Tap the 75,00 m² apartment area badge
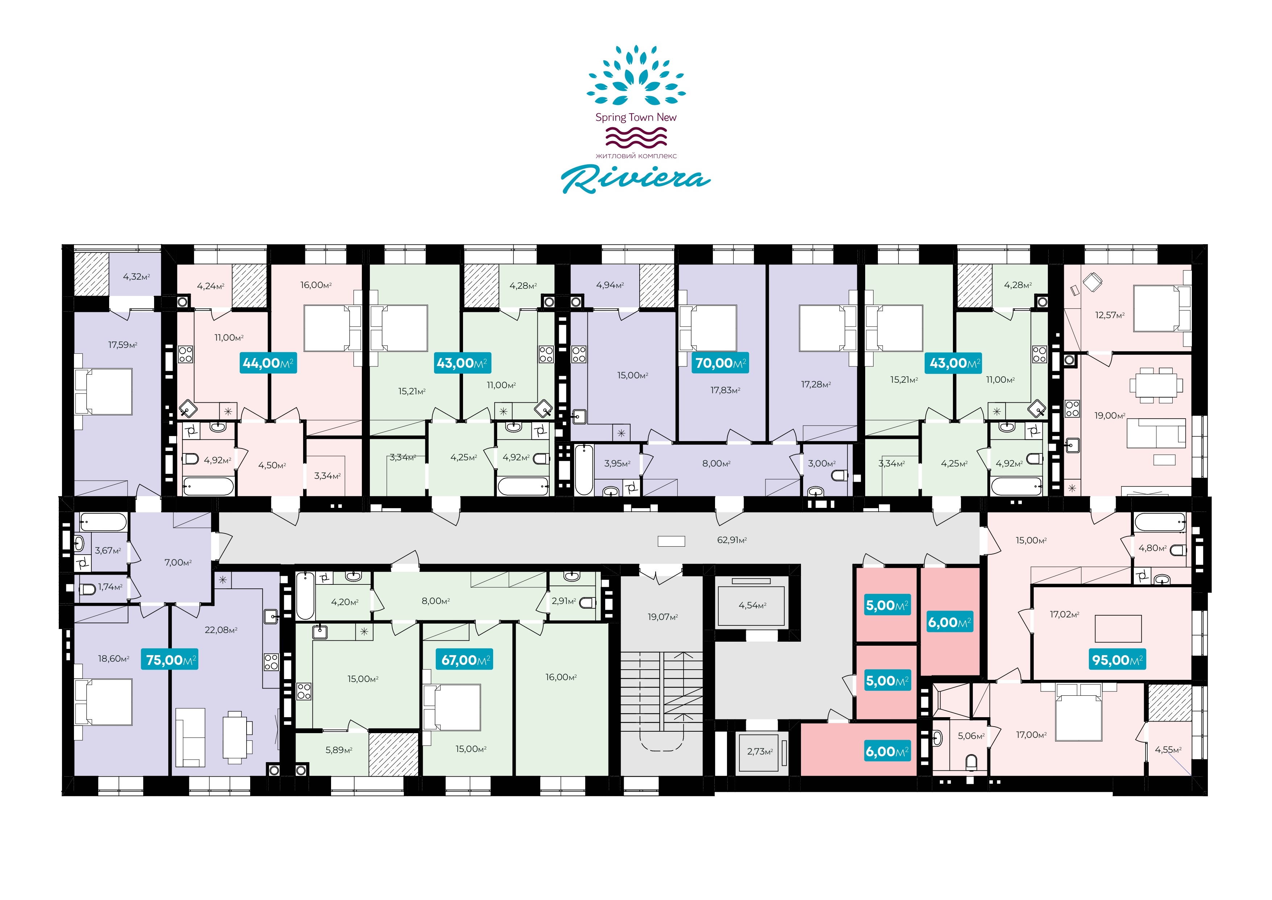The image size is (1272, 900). (x=170, y=660)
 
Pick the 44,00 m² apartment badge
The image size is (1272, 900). (x=268, y=363)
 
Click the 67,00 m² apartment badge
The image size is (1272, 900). (x=465, y=660)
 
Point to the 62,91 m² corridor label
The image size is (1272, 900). (x=731, y=540)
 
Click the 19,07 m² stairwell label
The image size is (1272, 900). (x=662, y=617)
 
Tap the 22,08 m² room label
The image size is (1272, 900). (x=221, y=630)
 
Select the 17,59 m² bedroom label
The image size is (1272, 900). (x=123, y=345)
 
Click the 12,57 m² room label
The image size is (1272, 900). (x=1110, y=315)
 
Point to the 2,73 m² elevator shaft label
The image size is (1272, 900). (x=760, y=752)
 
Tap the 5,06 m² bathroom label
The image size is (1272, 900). (x=971, y=736)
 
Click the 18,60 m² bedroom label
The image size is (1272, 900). (x=113, y=658)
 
